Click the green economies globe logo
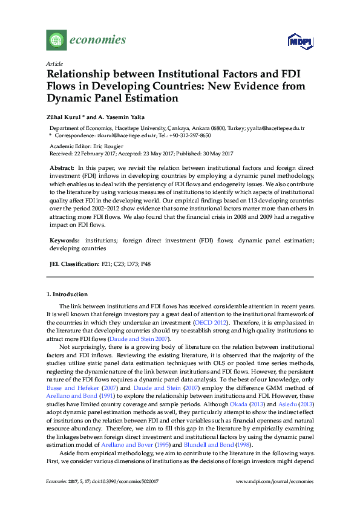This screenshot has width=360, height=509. click(x=56, y=41)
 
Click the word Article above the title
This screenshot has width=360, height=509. click(x=53, y=63)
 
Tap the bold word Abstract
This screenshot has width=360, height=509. click(x=61, y=166)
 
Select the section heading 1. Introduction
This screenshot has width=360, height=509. click(x=67, y=294)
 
